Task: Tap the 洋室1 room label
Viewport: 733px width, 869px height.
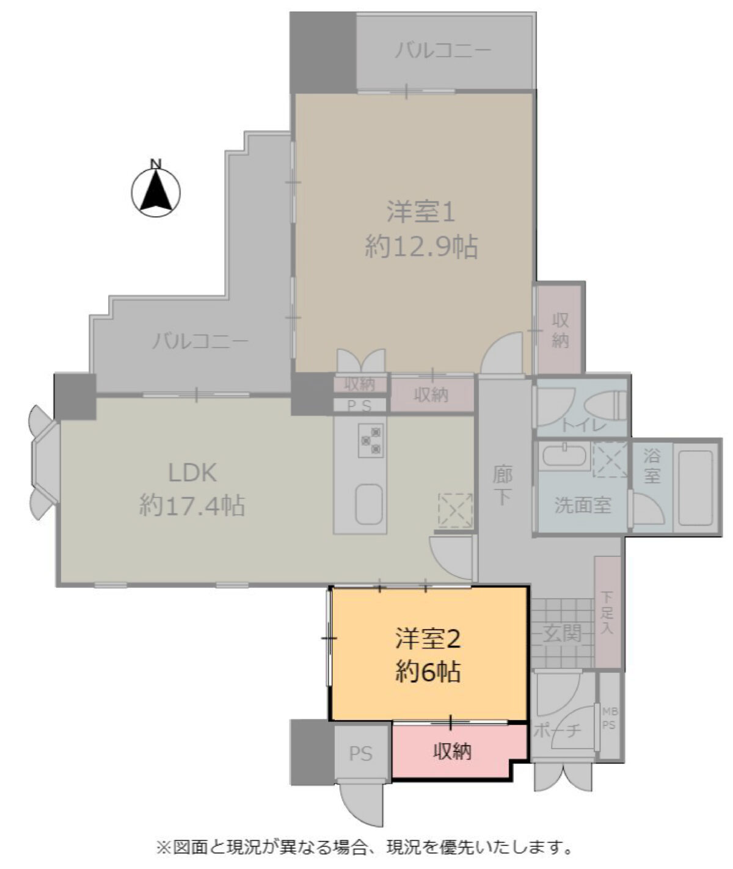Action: (x=421, y=212)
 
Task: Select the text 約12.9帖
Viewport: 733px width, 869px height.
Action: (x=421, y=248)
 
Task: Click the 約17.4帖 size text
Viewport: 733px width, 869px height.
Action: (x=192, y=506)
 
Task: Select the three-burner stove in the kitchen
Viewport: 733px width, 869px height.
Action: (x=370, y=441)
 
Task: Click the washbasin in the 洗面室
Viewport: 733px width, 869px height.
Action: (x=565, y=456)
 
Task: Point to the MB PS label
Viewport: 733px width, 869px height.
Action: (x=608, y=718)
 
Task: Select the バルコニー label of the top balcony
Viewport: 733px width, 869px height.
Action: (x=443, y=51)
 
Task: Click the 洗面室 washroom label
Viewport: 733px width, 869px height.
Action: (x=582, y=505)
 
